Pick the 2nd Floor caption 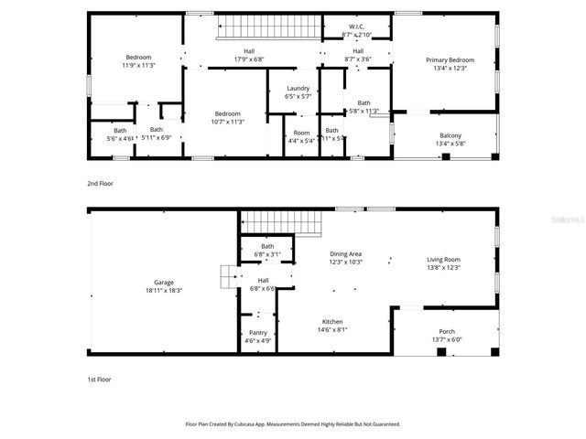click(x=100, y=184)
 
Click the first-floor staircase click(x=282, y=222)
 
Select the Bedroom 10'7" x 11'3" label click(x=227, y=118)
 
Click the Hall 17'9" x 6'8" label click(x=248, y=55)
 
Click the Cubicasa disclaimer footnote click(x=293, y=424)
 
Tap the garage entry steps click(x=226, y=276)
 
